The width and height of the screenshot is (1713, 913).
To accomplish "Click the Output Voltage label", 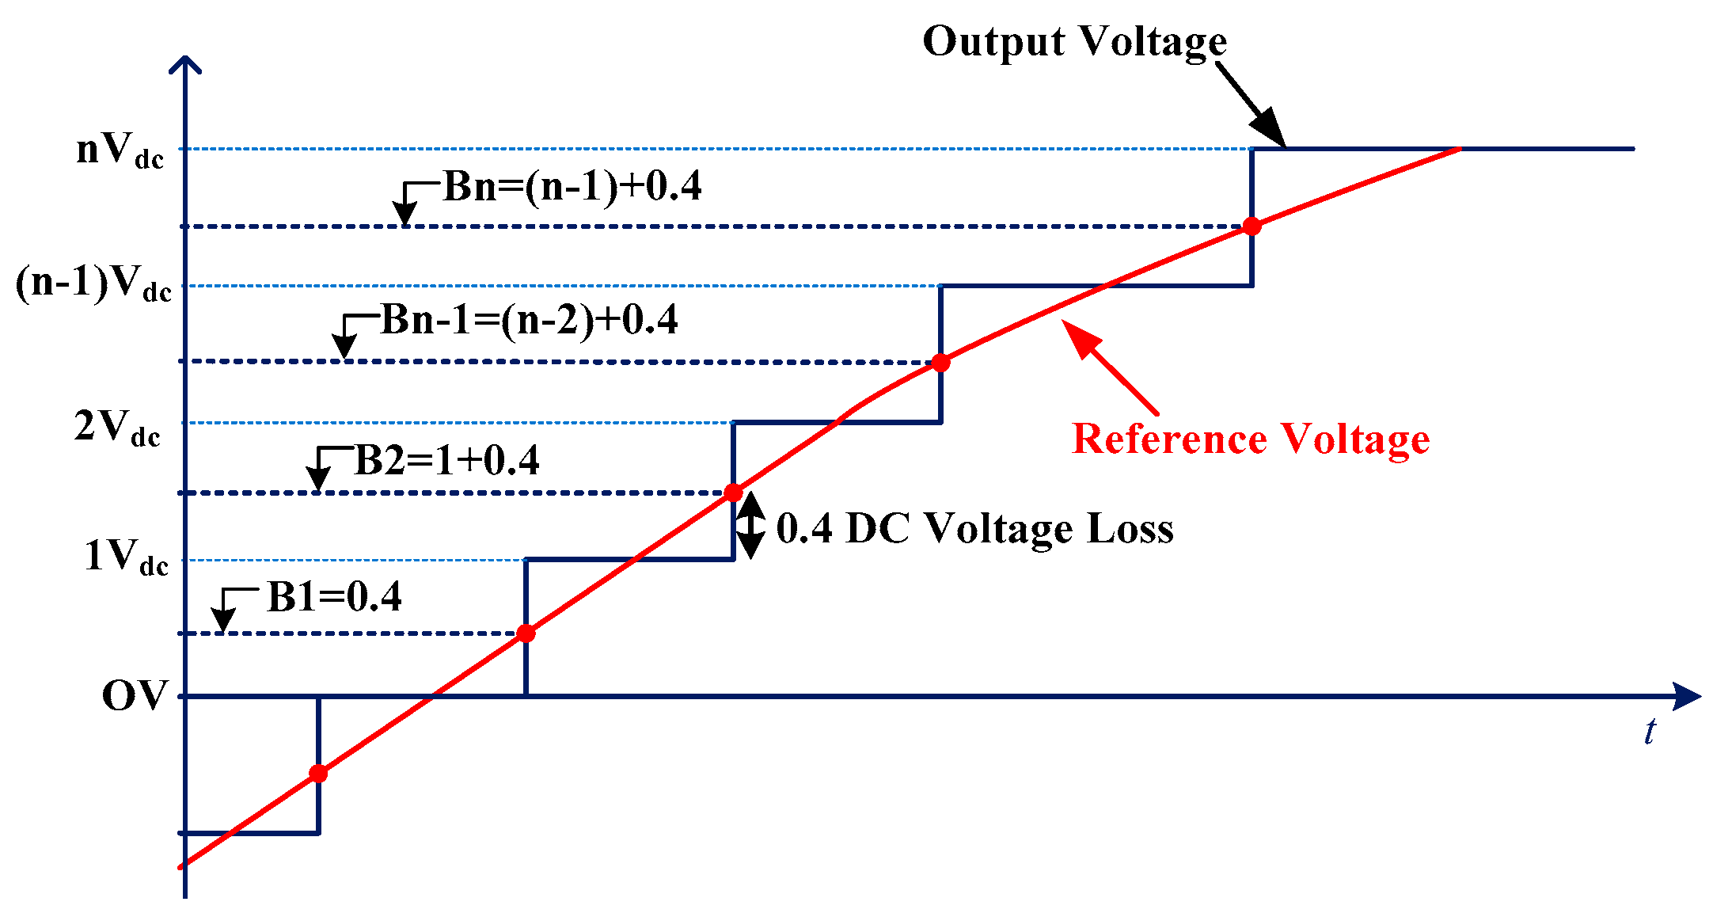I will [x=1074, y=41].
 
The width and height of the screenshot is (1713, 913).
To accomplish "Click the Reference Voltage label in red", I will [x=1250, y=439].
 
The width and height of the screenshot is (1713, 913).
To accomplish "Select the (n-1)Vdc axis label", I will [x=93, y=283].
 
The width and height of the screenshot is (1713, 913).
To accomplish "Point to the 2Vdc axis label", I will [x=117, y=428].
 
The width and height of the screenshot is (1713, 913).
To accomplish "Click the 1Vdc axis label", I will [x=126, y=557].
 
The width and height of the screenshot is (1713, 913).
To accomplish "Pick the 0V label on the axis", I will [x=135, y=696].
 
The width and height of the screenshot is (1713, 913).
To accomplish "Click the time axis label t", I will [x=1649, y=732].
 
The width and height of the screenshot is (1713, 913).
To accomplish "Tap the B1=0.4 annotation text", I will [x=334, y=597].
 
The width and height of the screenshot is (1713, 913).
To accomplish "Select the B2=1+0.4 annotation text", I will [x=446, y=461].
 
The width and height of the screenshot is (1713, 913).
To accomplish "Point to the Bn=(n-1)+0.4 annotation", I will [x=572, y=187].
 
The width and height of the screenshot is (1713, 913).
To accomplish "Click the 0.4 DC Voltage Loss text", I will [x=974, y=528].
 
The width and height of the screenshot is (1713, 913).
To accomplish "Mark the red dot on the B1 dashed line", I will [x=526, y=633].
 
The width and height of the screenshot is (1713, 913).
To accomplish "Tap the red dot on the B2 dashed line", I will [x=734, y=493].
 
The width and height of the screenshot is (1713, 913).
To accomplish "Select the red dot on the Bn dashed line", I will [x=1252, y=226].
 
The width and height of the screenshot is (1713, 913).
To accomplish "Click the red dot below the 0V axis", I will [x=318, y=774].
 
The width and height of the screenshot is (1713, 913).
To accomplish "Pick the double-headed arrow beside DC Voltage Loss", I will [x=750, y=526].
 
